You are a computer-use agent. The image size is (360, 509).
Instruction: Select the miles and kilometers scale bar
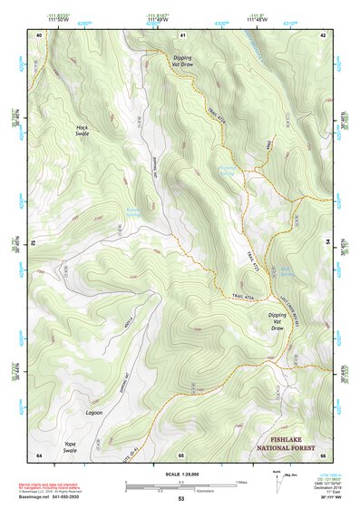[x=180, y=485]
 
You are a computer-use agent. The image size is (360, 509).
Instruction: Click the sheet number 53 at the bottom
[x=180, y=499]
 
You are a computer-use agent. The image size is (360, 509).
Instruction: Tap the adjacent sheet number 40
[x=39, y=34]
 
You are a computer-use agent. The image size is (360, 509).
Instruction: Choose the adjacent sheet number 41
[x=182, y=34]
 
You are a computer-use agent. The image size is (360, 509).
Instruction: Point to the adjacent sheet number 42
[x=323, y=34]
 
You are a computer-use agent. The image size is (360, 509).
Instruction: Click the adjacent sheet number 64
[x=39, y=455]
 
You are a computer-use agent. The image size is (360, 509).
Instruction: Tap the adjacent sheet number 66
[x=323, y=455]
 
